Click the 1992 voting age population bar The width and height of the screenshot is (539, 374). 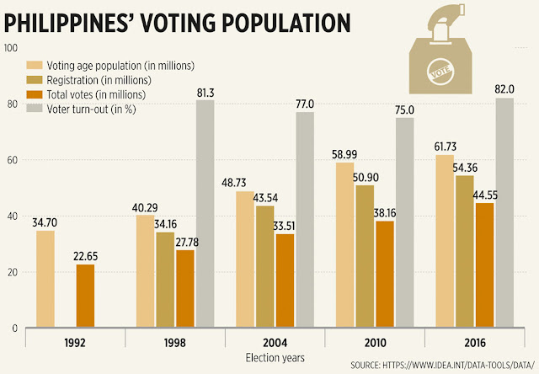pyautogui.click(x=45, y=279)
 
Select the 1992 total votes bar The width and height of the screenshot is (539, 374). pyautogui.click(x=86, y=296)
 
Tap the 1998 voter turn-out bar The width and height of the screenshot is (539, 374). pyautogui.click(x=205, y=214)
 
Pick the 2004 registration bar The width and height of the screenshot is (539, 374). pyautogui.click(x=265, y=266)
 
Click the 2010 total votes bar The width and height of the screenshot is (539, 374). pyautogui.click(x=385, y=274)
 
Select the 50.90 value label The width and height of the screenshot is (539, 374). pyautogui.click(x=365, y=176)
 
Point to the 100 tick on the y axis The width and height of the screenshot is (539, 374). pyautogui.click(x=11, y=48)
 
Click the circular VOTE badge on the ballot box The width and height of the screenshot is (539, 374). pyautogui.click(x=443, y=68)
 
